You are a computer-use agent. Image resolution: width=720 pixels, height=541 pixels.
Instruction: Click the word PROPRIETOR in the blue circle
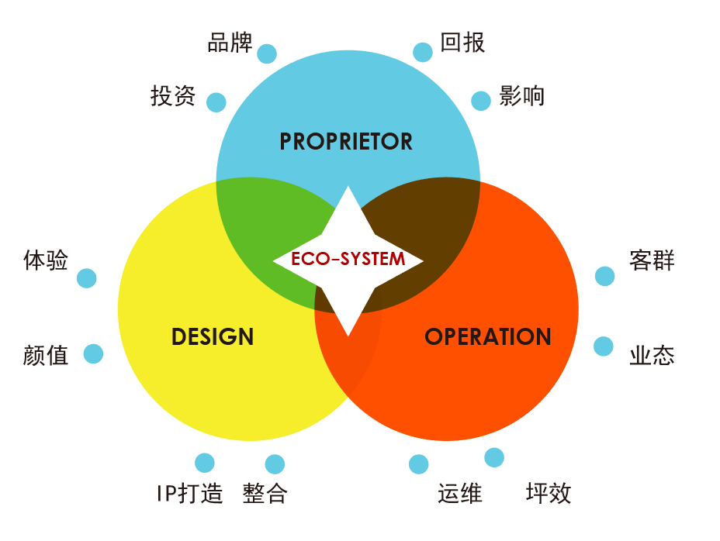[346, 141]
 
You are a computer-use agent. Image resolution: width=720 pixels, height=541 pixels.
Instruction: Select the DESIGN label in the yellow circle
[213, 337]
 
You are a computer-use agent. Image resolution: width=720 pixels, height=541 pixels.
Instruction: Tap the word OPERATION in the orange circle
[488, 337]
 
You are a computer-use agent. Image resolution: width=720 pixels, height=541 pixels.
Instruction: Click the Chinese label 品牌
[230, 42]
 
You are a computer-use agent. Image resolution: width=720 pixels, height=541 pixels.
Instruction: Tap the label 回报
[462, 42]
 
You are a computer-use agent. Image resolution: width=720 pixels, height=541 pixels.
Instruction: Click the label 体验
[46, 260]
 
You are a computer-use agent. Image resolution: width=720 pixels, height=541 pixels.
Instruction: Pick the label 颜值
[46, 356]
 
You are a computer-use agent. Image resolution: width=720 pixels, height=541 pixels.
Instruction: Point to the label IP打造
[189, 493]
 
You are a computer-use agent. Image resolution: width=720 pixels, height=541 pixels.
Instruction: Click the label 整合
[265, 493]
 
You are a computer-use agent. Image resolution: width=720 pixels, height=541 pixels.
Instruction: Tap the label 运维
[460, 493]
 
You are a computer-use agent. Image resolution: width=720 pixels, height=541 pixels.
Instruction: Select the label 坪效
[549, 493]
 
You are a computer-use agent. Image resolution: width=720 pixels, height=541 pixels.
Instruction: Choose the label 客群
[652, 260]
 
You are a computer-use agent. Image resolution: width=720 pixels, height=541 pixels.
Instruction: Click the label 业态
[652, 356]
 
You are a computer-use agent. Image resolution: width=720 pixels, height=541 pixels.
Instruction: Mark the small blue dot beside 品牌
[267, 53]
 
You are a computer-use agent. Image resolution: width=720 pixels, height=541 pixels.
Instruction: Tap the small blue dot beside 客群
[604, 276]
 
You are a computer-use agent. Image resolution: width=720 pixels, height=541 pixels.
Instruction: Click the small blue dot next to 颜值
[93, 354]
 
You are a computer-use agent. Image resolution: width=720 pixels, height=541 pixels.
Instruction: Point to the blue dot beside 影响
[481, 101]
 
